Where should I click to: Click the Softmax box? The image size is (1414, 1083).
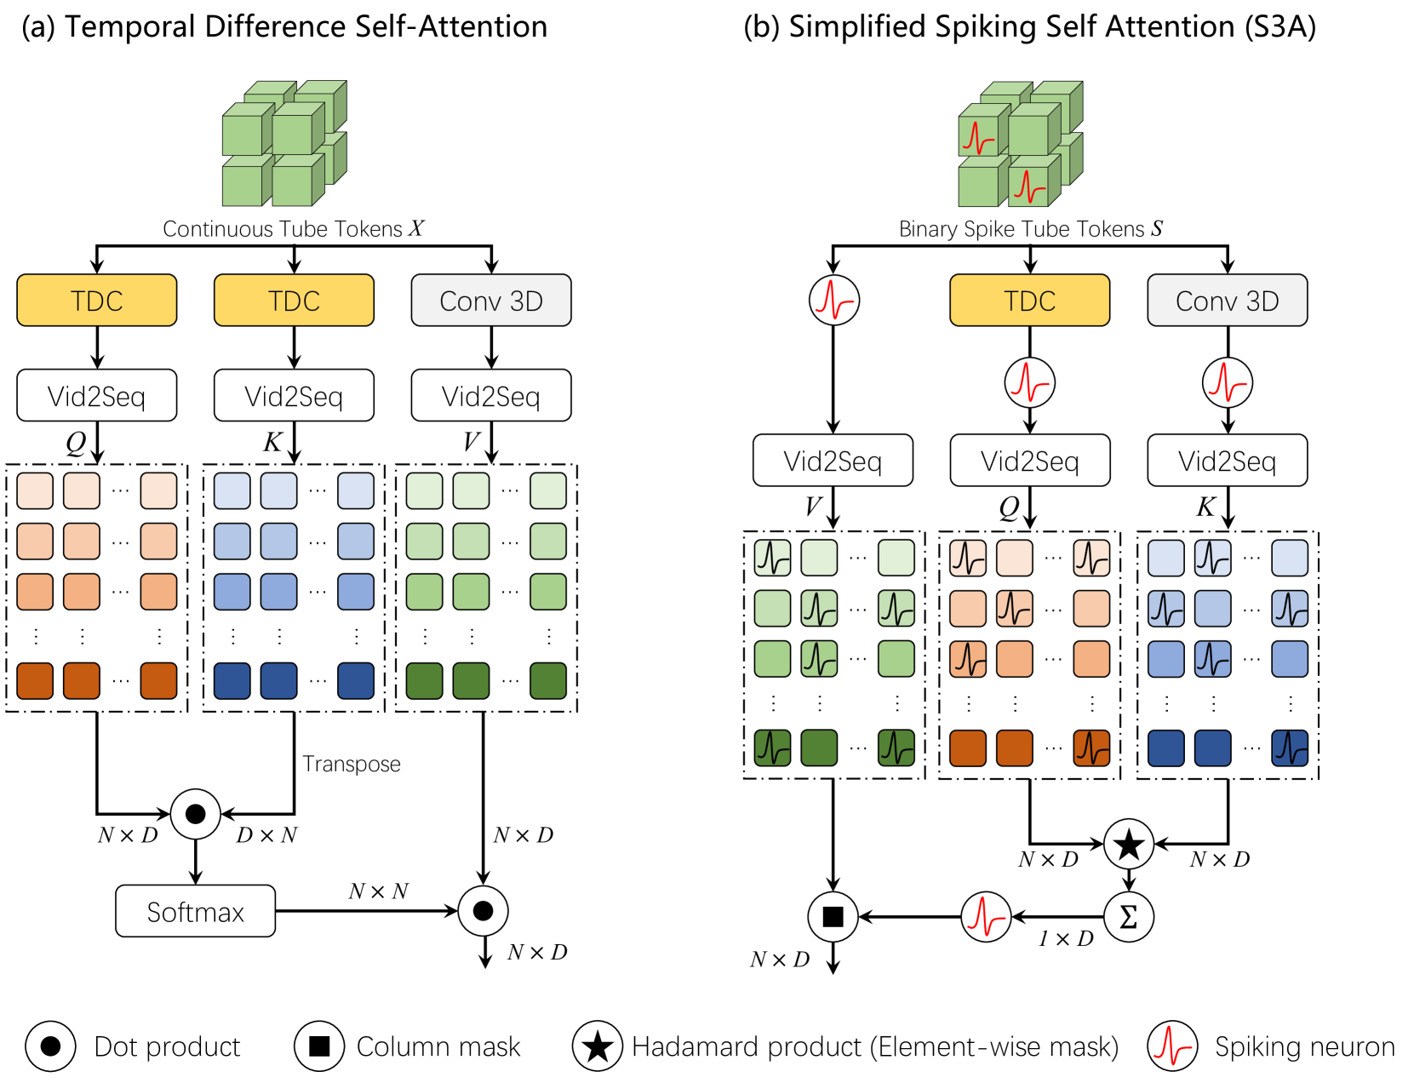click(195, 912)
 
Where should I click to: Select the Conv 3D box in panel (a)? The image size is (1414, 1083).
click(490, 301)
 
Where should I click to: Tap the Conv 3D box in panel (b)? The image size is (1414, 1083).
click(1227, 301)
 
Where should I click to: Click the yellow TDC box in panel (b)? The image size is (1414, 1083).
click(1029, 301)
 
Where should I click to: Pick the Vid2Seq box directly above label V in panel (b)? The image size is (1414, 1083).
click(833, 461)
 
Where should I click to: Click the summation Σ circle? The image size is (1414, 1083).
click(1129, 917)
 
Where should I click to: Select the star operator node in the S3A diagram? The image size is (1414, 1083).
click(1129, 845)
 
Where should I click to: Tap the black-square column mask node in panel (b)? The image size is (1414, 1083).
click(833, 917)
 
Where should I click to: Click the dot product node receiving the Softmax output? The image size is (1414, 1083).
click(483, 911)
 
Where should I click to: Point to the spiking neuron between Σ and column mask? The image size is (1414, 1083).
click(986, 917)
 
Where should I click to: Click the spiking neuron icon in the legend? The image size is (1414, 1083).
click(1171, 1046)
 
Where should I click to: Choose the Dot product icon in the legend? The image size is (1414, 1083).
click(50, 1046)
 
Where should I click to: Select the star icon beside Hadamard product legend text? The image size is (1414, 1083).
click(598, 1046)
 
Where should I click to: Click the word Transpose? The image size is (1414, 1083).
click(352, 764)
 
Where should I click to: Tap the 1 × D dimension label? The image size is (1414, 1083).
click(1066, 939)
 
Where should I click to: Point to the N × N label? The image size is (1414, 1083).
click(378, 891)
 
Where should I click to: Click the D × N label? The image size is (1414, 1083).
click(266, 835)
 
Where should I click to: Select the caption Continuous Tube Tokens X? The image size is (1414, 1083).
click(294, 229)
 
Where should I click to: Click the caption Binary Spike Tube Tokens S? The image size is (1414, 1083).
click(1030, 229)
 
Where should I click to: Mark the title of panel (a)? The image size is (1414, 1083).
click(284, 27)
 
